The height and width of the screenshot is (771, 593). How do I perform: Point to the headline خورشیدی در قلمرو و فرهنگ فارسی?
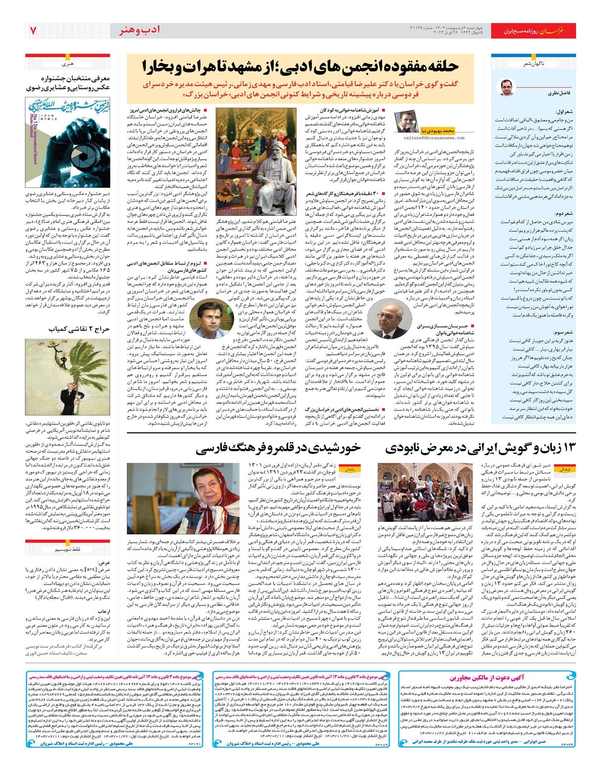[x=278, y=448]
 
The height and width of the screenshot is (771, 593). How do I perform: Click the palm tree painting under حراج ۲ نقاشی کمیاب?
[x=68, y=377]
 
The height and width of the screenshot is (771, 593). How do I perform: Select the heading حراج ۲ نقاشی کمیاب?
[x=79, y=329]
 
